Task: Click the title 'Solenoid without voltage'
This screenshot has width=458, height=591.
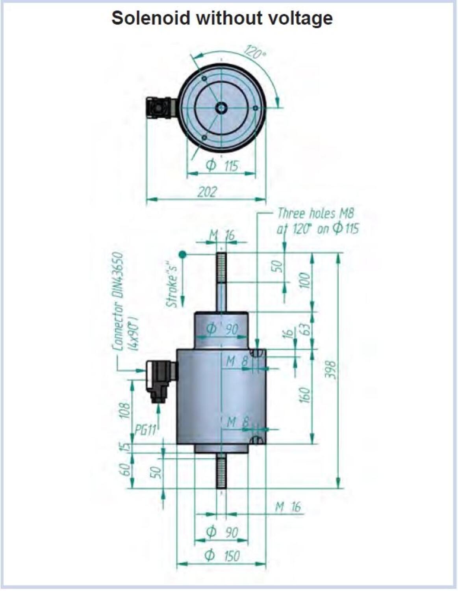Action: tap(222, 19)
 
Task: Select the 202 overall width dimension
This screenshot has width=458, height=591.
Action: tap(207, 192)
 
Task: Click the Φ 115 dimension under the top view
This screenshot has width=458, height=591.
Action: tap(222, 165)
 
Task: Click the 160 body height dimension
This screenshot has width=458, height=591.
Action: tap(305, 395)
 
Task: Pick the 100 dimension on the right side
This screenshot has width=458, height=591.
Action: tap(305, 280)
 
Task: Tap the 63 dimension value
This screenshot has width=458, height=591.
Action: tap(306, 330)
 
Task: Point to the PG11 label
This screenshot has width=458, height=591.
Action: tap(146, 430)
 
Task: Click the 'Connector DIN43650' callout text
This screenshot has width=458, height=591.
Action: tap(119, 302)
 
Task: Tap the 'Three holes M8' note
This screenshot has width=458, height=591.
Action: tap(315, 214)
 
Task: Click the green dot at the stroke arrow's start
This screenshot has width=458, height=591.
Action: tap(183, 255)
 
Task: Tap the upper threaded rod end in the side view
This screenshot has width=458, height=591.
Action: tap(222, 268)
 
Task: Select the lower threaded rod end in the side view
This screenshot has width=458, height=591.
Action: tap(222, 473)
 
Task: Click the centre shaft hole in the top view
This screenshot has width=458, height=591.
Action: tap(222, 108)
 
